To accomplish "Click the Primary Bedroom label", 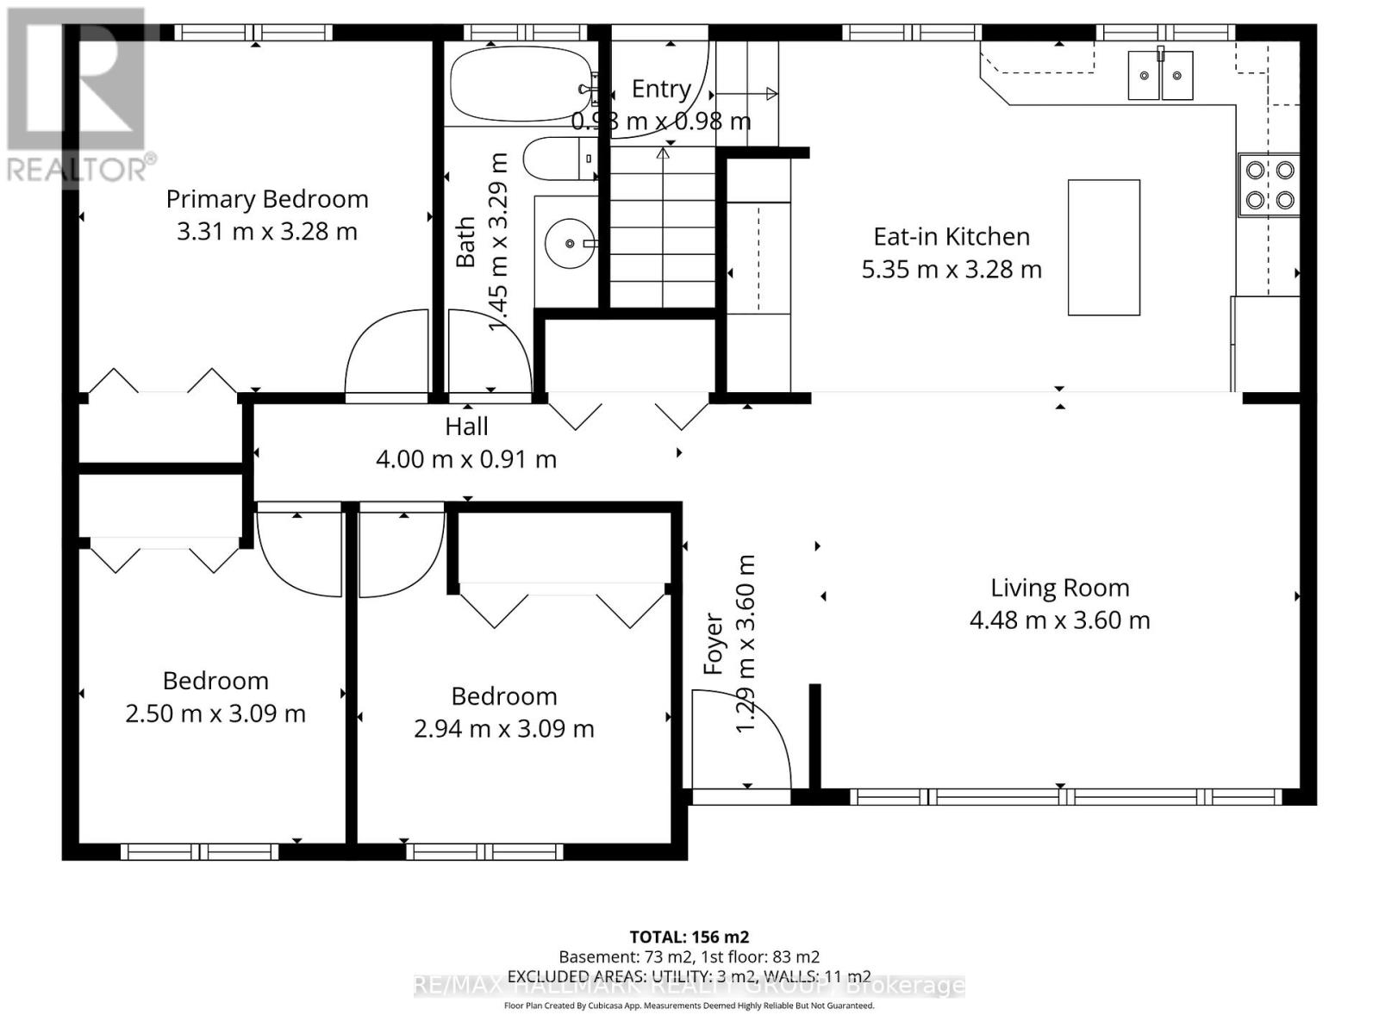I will pyautogui.click(x=267, y=199).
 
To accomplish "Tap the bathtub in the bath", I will pyautogui.click(x=521, y=84).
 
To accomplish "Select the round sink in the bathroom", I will pyautogui.click(x=569, y=244).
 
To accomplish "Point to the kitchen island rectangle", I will pyautogui.click(x=1104, y=247).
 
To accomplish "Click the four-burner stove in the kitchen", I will pyautogui.click(x=1270, y=185).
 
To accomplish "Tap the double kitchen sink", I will pyautogui.click(x=1161, y=76).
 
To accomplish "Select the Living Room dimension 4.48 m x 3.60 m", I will pyautogui.click(x=1059, y=620).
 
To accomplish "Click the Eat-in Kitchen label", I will pyautogui.click(x=952, y=237).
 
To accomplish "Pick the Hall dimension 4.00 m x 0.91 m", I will pyautogui.click(x=466, y=459).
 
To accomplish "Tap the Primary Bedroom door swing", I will pyautogui.click(x=388, y=353).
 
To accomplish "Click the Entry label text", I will pyautogui.click(x=661, y=89).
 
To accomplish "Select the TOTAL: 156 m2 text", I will pyautogui.click(x=689, y=937).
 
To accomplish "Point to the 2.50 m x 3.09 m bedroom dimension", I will pyautogui.click(x=215, y=713).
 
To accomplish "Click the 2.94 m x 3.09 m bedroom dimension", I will pyautogui.click(x=504, y=729).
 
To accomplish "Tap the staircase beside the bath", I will pyautogui.click(x=663, y=228).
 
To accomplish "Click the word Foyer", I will pyautogui.click(x=713, y=644).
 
